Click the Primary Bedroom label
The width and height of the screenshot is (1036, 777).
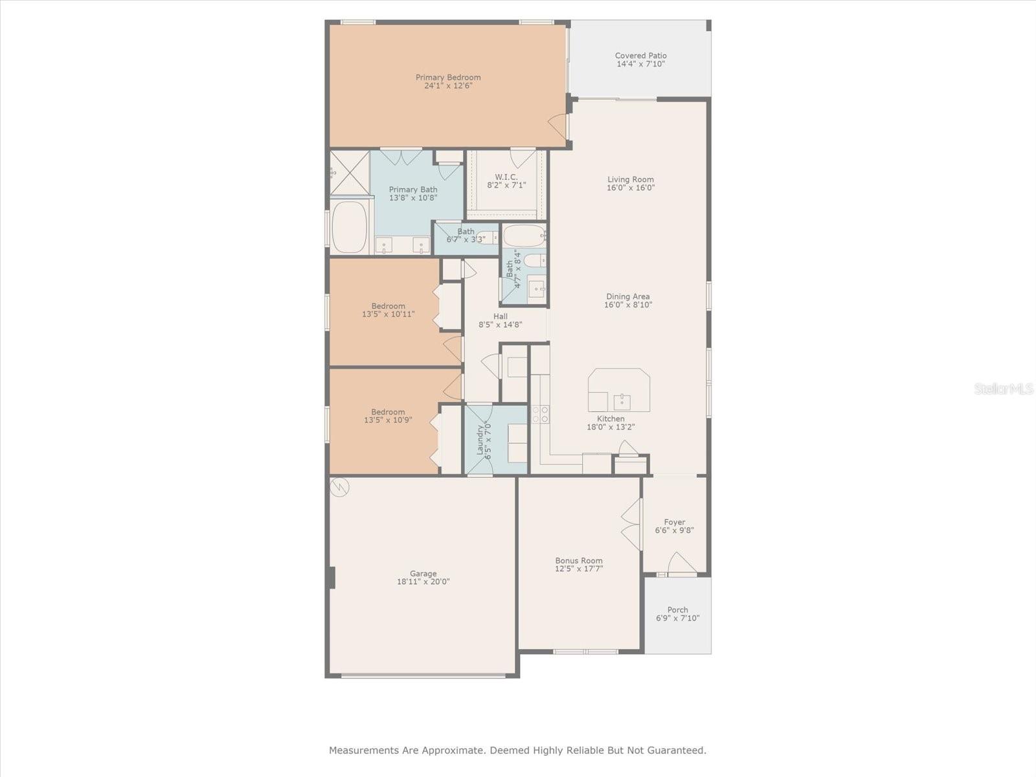pos(448,77)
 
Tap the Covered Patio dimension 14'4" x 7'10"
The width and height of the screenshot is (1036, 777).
pos(640,64)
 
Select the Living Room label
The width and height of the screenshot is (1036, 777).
pos(631,179)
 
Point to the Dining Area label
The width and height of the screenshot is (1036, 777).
pos(627,297)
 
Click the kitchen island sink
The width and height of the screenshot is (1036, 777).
pos(622,402)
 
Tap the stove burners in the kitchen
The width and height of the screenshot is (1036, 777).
pos(541,414)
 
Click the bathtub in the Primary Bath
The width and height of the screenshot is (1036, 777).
pos(349,227)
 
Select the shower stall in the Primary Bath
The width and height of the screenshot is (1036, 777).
pos(349,173)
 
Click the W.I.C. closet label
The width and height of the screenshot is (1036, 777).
pos(506,177)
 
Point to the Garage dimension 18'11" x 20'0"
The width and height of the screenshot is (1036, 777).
pos(423,581)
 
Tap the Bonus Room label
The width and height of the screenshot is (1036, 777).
pos(579,561)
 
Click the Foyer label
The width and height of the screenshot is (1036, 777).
pos(675,522)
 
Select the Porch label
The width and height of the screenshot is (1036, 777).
pos(678,609)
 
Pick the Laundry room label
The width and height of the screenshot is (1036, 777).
pos(480,440)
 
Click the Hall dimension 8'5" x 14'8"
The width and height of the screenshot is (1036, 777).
pos(501,324)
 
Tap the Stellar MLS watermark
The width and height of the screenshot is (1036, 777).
pos(1004,388)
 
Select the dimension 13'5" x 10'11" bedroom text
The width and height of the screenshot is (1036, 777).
pos(388,314)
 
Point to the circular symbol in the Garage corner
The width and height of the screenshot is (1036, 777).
pos(339,487)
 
